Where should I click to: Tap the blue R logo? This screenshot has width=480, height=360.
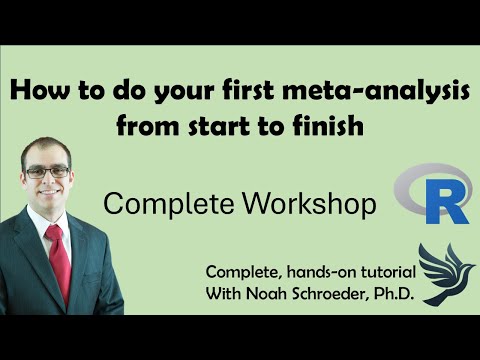432,194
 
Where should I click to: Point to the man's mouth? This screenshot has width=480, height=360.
47,199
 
